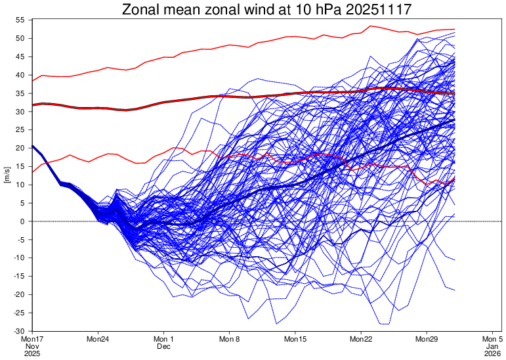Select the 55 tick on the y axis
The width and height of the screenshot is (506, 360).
point(20,20)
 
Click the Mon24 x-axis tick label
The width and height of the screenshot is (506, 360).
point(98,339)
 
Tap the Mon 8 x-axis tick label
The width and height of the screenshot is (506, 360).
point(230,339)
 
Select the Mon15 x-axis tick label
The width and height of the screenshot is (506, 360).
point(295,339)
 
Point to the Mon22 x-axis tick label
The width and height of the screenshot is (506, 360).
point(361,339)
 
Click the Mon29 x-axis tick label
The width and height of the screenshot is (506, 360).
point(427,339)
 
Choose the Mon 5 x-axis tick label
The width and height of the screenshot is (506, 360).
point(492,339)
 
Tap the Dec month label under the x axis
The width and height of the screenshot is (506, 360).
point(163,346)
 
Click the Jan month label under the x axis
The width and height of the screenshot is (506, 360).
point(492,346)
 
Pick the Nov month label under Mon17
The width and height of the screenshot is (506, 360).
point(32,346)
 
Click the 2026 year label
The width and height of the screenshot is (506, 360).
point(492,353)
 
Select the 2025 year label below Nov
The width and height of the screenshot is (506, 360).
point(32,353)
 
